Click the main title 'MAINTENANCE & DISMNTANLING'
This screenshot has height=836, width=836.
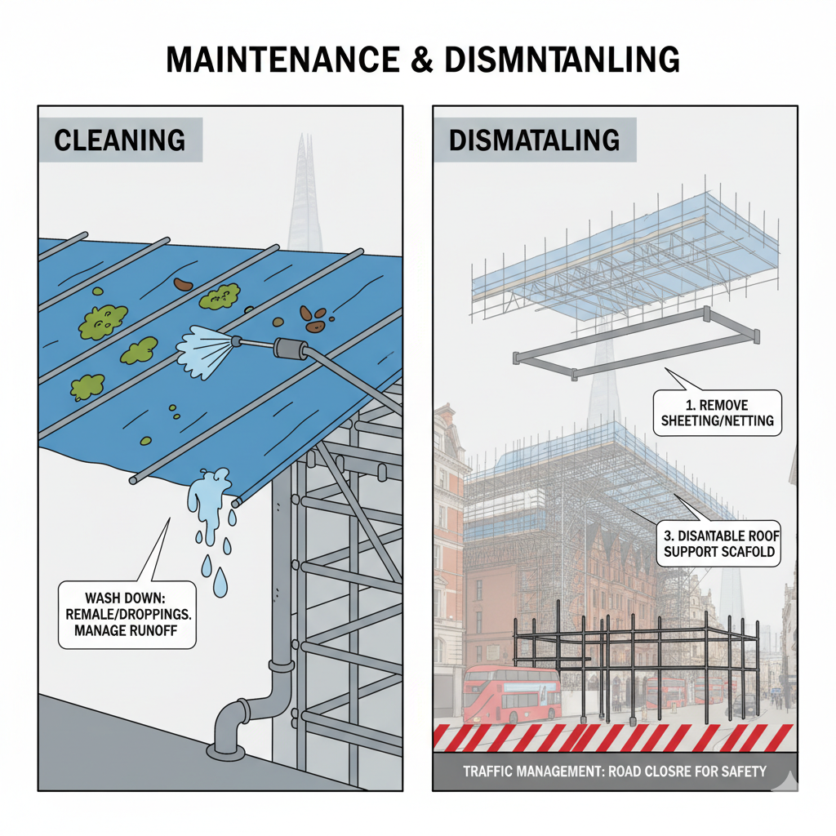tap(417, 60)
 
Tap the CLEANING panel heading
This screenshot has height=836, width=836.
tap(119, 140)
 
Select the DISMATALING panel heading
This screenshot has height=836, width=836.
tap(533, 140)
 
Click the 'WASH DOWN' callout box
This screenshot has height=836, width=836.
tap(128, 614)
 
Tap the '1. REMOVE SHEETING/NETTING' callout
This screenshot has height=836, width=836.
tap(718, 413)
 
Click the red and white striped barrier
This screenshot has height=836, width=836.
tap(612, 736)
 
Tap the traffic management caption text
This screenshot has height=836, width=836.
tap(614, 771)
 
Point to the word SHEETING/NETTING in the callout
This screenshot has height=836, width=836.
tap(718, 422)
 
